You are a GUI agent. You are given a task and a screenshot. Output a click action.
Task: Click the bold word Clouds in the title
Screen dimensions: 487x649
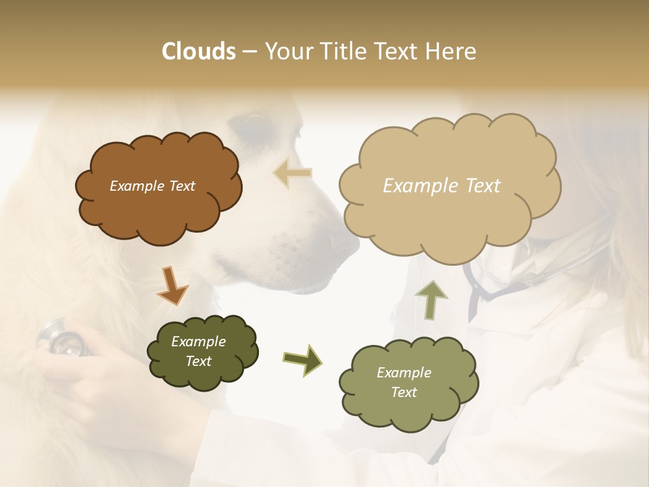(x=199, y=51)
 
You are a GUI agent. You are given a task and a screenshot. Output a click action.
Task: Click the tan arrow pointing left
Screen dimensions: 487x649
(x=293, y=172)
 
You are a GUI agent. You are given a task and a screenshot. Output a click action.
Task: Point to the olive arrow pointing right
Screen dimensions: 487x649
(x=302, y=360)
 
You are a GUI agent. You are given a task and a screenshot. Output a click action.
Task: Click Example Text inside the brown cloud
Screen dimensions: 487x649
(x=152, y=186)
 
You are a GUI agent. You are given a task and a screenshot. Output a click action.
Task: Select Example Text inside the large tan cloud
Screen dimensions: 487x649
(x=441, y=186)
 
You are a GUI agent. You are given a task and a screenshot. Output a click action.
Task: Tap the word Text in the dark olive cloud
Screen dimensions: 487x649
(x=198, y=361)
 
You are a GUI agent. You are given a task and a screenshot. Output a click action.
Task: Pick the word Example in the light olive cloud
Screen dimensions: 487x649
(x=404, y=373)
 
